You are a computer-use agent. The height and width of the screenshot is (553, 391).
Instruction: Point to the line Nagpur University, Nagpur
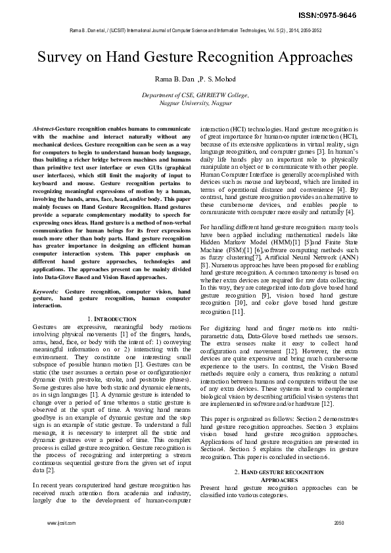click(x=195, y=103)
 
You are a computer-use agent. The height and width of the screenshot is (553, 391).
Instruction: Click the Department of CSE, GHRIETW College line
click(x=195, y=95)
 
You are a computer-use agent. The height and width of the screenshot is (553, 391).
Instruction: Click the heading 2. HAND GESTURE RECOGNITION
click(x=279, y=472)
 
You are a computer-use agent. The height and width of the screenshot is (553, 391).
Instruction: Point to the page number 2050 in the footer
click(x=339, y=523)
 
